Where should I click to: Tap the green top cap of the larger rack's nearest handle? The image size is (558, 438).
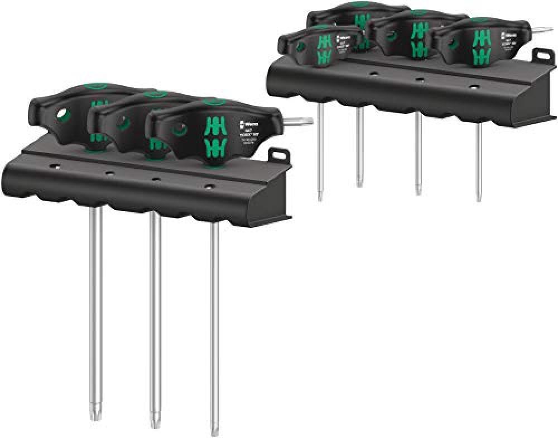click(212, 102)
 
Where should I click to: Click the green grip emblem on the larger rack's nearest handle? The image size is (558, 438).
click(214, 137)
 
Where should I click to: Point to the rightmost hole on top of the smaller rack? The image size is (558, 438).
click(474, 87)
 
